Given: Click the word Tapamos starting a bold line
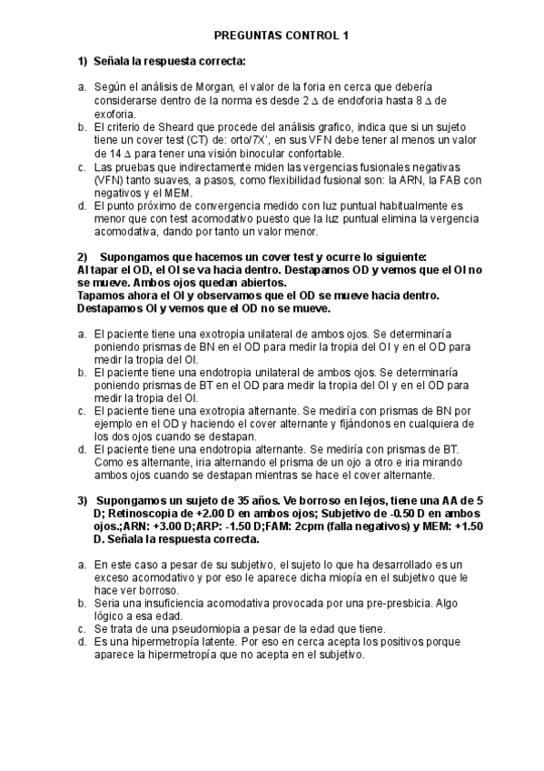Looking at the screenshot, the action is (103, 296).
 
